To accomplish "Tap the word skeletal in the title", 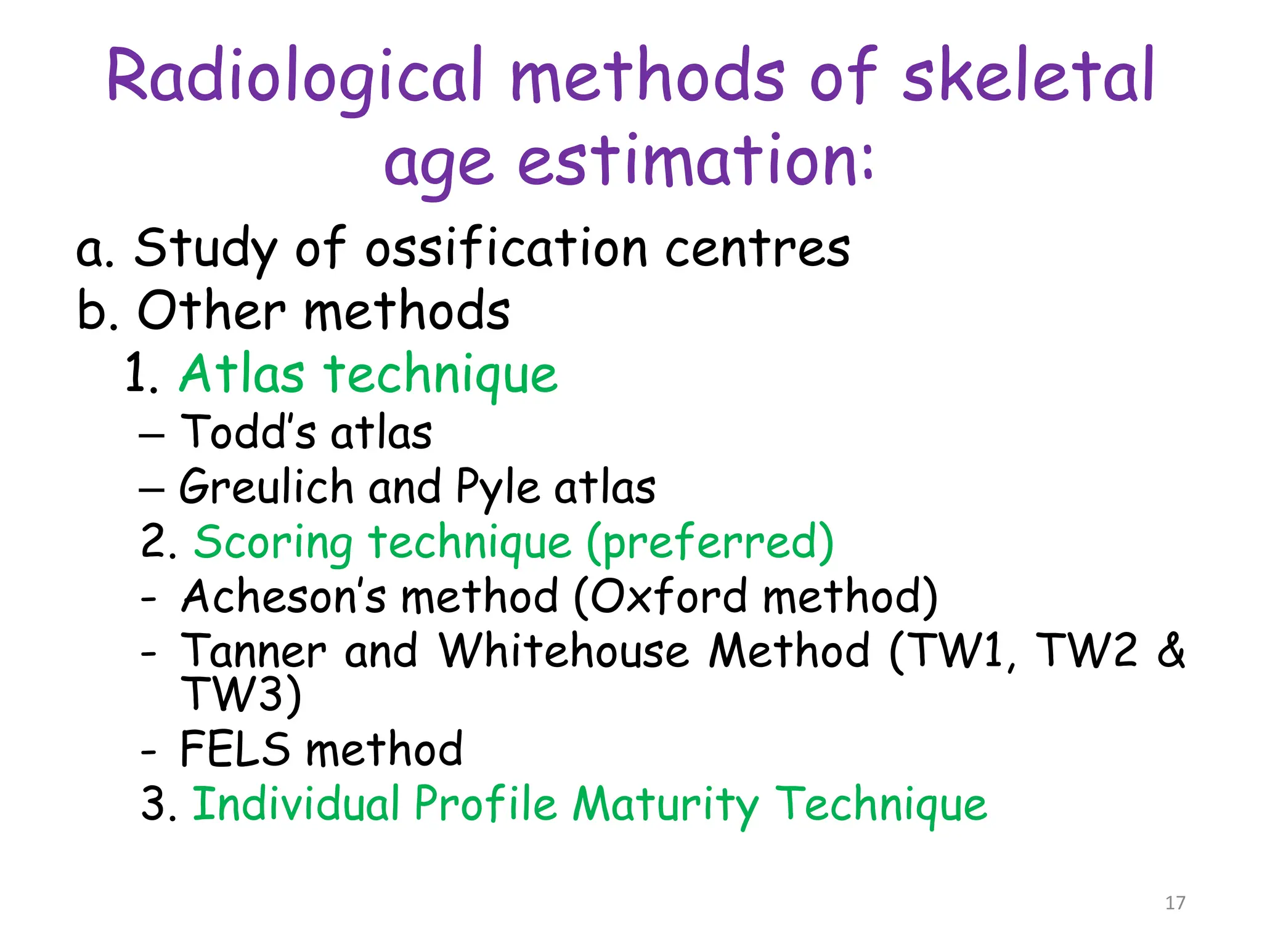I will tap(1028, 77).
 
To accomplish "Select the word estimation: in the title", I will tap(695, 161).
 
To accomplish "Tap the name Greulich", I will tap(266, 487).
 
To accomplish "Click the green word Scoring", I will tap(274, 543).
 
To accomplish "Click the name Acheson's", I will tap(284, 597).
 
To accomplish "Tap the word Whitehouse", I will tap(563, 651).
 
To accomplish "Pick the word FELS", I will tap(235, 750).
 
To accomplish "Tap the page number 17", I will tap(1175, 903).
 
